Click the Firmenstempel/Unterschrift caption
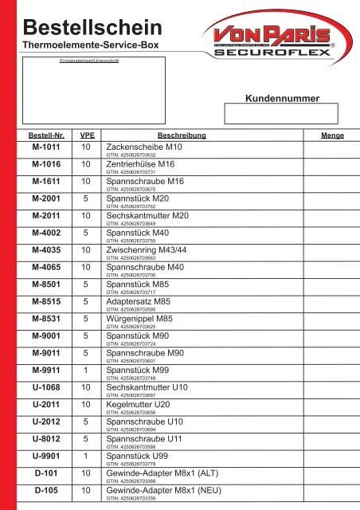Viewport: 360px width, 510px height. coord(90,60)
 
